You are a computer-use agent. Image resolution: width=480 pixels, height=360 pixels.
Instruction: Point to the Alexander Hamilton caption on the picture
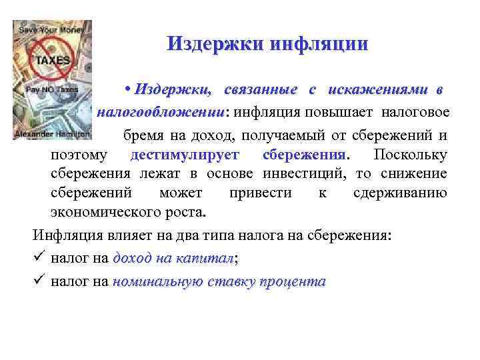coord(51,133)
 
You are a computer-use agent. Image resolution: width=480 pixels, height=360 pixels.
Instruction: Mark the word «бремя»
coord(141,136)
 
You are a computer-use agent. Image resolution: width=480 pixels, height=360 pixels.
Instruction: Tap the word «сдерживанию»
coord(403,193)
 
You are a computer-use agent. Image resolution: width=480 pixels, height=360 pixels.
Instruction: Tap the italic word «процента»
coord(292,281)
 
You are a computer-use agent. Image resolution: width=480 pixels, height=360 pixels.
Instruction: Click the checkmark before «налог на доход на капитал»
coord(39,259)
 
